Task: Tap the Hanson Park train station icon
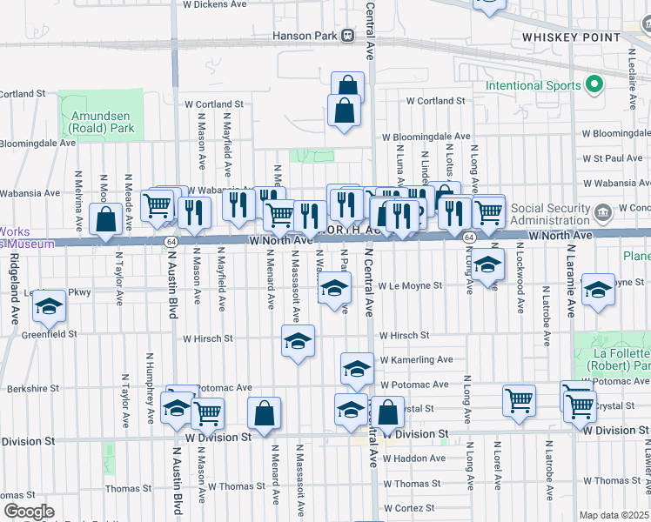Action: coord(348,36)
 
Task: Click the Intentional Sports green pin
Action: coord(595,85)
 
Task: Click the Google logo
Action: coord(28,512)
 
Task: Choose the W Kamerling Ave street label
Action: coord(415,359)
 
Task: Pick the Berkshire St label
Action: coord(30,389)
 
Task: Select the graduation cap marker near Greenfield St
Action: coord(50,308)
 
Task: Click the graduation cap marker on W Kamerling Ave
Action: coord(356,370)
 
